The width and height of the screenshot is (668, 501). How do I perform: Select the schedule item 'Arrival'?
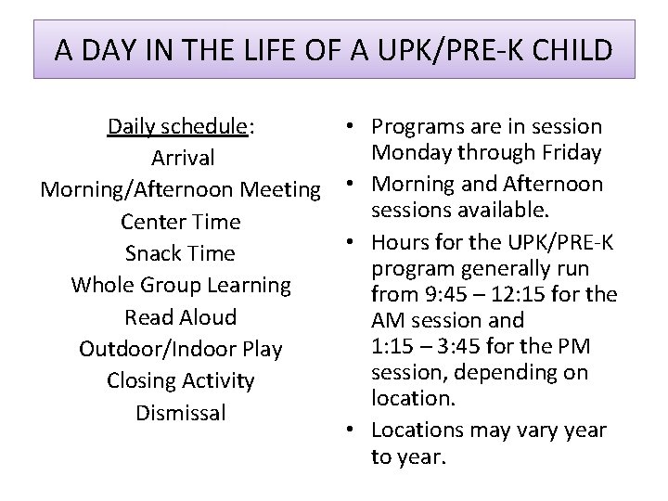(182, 158)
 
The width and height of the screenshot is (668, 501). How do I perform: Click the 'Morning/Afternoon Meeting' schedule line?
(180, 190)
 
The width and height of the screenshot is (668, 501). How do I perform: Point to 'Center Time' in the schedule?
(180, 222)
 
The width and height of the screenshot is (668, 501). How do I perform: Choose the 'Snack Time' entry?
(180, 253)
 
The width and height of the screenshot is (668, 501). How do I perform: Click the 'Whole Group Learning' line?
(182, 285)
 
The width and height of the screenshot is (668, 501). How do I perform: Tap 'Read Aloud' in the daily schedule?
(181, 316)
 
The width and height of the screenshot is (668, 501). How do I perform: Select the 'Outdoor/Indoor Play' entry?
(180, 349)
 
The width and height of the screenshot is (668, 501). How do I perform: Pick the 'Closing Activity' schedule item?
(180, 380)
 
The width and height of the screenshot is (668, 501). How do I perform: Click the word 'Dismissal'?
(181, 412)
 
